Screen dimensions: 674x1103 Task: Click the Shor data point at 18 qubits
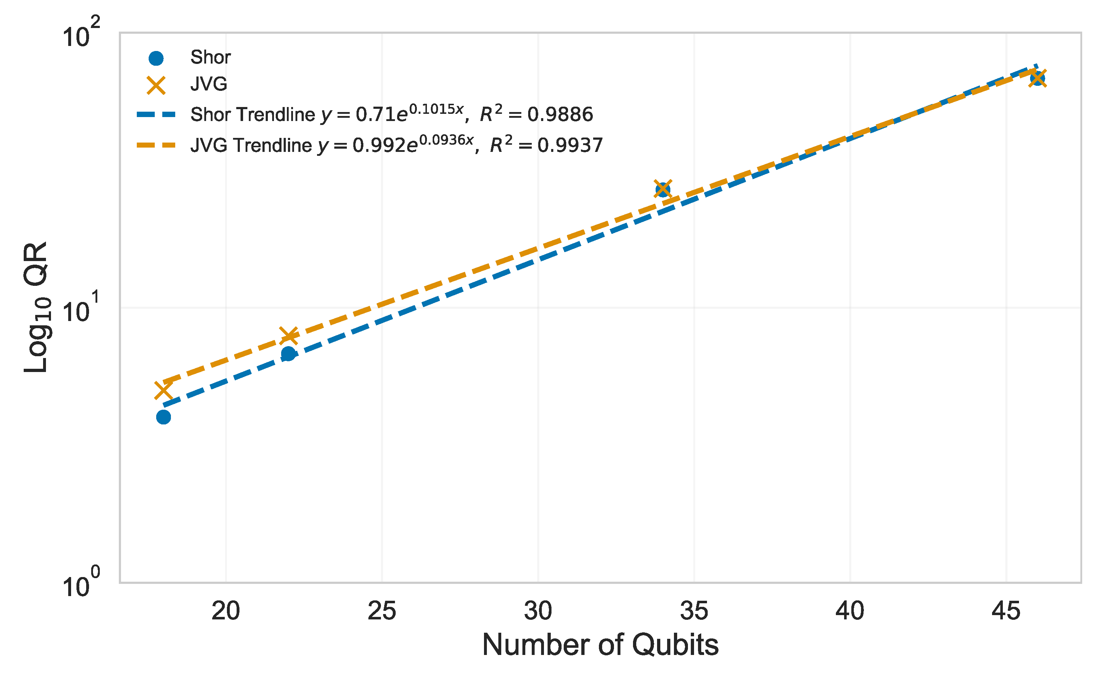(163, 417)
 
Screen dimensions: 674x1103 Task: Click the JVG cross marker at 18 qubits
(163, 391)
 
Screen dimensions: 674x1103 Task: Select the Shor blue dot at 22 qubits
(288, 354)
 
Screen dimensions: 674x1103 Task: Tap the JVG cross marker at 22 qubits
(288, 335)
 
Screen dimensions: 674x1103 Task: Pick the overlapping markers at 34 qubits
(662, 189)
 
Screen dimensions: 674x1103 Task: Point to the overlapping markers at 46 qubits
(1037, 78)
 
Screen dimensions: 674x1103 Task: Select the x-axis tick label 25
(382, 610)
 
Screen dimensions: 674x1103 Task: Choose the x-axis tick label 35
(694, 610)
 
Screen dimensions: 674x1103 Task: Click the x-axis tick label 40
(850, 610)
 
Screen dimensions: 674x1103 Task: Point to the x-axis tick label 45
(1006, 610)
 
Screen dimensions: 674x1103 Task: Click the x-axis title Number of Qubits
(600, 645)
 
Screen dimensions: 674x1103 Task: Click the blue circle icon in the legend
(156, 58)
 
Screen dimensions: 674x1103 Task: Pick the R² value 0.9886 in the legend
(560, 115)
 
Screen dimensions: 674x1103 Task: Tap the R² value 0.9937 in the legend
(570, 145)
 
